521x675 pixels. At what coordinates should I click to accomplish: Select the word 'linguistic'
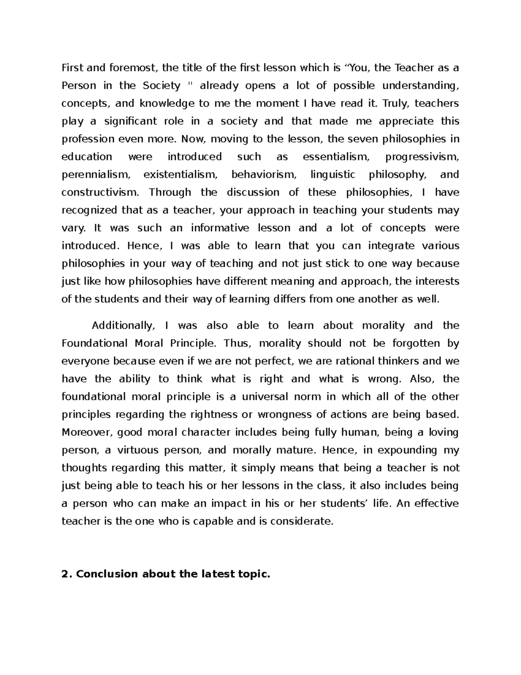tap(333, 174)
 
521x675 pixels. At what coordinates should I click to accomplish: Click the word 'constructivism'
tap(101, 192)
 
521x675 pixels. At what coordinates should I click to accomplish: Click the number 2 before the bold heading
tap(65, 574)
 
